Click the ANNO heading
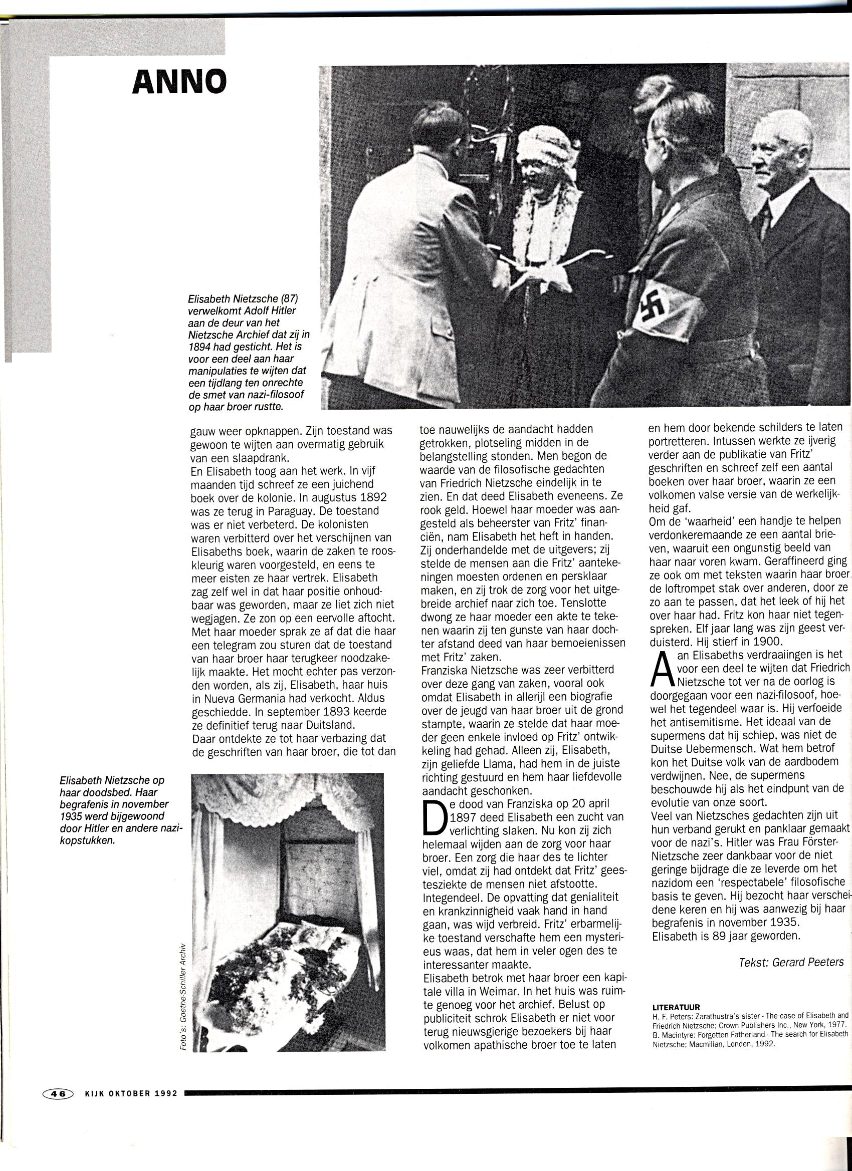point(179,82)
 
